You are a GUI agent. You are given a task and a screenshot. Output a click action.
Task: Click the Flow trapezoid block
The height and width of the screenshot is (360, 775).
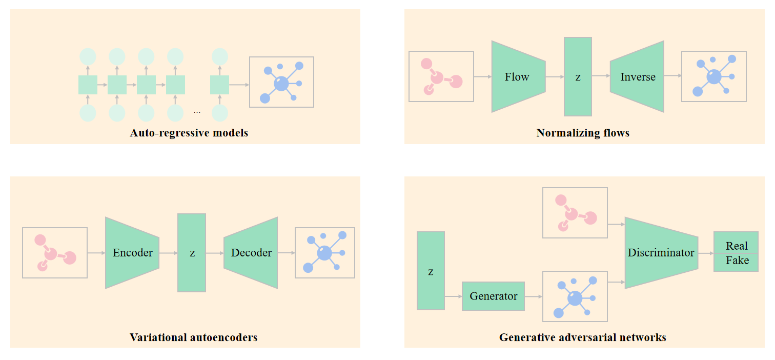tap(518, 77)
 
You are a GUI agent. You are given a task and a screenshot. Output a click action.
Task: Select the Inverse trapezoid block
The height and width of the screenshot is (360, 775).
tap(637, 77)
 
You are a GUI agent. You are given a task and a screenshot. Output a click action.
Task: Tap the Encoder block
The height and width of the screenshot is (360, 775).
tap(132, 253)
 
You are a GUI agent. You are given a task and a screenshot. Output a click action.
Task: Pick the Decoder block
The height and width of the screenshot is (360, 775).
tap(251, 253)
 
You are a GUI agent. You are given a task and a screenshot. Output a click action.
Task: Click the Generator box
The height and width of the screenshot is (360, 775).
tap(493, 296)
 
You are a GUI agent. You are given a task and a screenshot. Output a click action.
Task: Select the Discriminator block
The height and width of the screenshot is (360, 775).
tap(661, 253)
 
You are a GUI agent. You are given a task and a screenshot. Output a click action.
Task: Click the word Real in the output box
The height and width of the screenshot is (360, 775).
tap(737, 246)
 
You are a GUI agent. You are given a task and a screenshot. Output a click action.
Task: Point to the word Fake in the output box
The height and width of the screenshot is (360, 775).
tap(737, 261)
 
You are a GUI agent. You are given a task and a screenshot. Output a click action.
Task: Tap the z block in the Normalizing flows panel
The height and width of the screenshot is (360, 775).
tap(578, 77)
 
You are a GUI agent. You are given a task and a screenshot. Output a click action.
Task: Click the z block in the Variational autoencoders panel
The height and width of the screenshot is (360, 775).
tap(192, 253)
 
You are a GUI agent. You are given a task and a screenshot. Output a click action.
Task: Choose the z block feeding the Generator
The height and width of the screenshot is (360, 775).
tap(431, 271)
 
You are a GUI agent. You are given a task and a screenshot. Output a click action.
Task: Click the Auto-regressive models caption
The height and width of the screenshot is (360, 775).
tap(189, 133)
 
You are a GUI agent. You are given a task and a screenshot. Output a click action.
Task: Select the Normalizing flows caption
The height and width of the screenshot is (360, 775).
tap(583, 133)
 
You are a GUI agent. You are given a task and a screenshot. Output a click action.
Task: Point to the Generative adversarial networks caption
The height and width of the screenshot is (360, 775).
tap(582, 337)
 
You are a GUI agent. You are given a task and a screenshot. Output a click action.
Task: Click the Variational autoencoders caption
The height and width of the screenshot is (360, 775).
tap(193, 337)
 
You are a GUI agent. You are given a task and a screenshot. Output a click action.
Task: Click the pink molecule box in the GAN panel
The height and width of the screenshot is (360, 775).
tap(575, 212)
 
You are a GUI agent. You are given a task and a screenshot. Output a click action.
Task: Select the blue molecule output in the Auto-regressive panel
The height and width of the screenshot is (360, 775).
tap(281, 82)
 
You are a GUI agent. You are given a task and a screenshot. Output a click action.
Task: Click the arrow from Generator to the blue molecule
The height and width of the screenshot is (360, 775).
tap(534, 296)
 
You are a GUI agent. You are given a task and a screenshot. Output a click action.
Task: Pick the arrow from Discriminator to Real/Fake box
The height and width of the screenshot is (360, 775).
tap(706, 253)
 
